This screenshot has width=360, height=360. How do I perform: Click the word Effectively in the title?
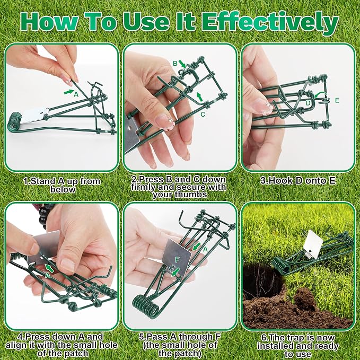[x=270, y=22]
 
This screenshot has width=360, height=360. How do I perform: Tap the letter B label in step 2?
[x=175, y=63]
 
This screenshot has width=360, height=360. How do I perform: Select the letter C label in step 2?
[x=203, y=114]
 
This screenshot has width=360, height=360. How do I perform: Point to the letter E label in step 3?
[x=337, y=100]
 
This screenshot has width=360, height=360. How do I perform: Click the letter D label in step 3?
[x=308, y=103]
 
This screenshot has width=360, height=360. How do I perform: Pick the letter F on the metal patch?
[x=177, y=260]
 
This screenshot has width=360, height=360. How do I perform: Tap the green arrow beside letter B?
[x=182, y=64]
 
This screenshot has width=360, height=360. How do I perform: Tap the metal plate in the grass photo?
[x=311, y=244]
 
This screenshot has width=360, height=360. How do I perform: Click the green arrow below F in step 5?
[x=176, y=271]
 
